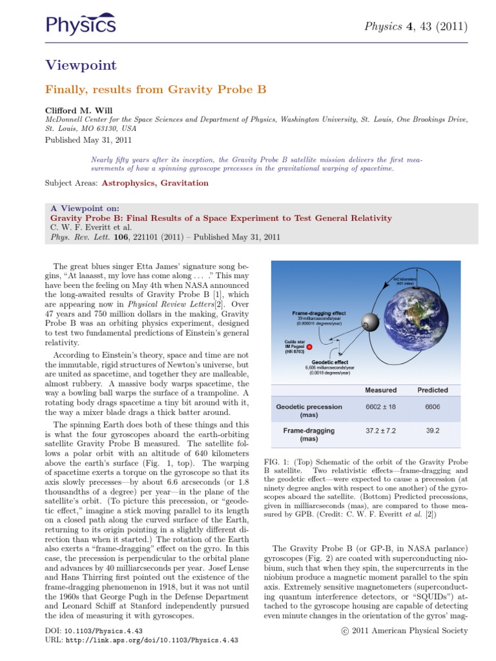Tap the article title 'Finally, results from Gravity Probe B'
(x=155, y=89)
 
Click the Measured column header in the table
(x=380, y=390)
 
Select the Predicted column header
(x=432, y=390)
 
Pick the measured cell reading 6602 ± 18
(x=380, y=407)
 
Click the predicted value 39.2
(x=432, y=429)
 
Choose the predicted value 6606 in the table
(x=432, y=407)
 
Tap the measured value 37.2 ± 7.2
(x=380, y=429)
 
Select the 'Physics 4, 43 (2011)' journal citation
(x=416, y=26)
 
